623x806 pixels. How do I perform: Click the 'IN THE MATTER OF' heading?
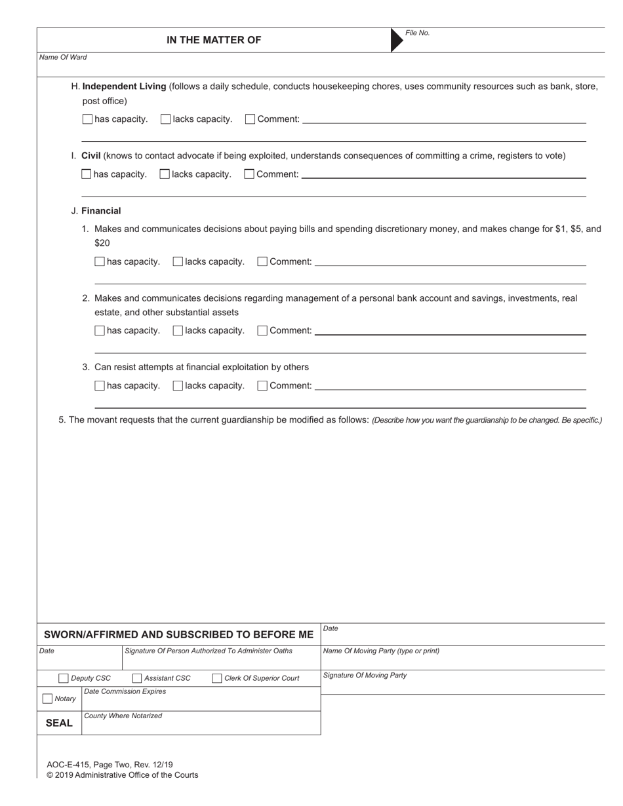pos(213,40)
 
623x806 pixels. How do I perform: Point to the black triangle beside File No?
pos(396,40)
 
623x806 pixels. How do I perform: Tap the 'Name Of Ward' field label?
pos(63,58)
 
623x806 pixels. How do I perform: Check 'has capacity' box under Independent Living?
pos(87,119)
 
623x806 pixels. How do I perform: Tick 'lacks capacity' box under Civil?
pos(165,174)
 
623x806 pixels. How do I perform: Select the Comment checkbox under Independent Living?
pos(250,119)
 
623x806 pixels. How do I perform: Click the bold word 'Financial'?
pos(101,211)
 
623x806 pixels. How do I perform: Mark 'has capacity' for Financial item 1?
pos(100,261)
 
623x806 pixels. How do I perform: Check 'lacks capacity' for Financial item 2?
pos(178,331)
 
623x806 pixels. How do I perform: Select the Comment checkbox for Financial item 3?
pos(262,386)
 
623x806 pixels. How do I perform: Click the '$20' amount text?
pos(102,243)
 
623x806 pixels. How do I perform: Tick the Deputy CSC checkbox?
pos(64,678)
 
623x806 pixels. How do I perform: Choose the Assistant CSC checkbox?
pos(137,678)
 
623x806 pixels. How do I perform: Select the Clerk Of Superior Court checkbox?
pos(217,678)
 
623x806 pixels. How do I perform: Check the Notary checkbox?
pos(47,699)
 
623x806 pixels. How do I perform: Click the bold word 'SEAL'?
pos(59,723)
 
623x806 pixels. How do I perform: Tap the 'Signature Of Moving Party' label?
pos(365,676)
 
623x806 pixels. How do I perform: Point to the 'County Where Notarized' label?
pos(123,716)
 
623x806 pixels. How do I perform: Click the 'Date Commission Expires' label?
pos(125,692)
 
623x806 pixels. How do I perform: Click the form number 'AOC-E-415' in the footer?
pos(68,765)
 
